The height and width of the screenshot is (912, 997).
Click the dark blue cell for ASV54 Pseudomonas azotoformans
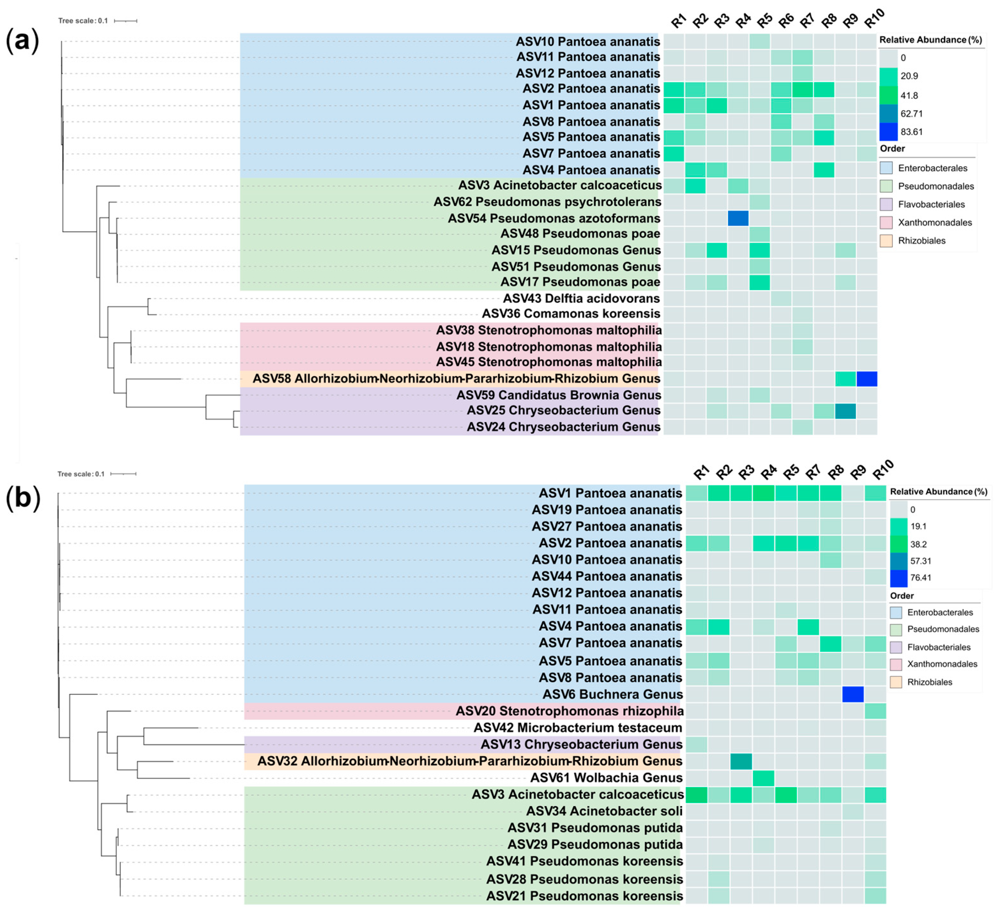738,218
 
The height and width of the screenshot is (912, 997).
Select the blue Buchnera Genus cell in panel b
853,694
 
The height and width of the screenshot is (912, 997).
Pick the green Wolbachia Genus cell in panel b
763,778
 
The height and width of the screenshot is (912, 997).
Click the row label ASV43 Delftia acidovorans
581,299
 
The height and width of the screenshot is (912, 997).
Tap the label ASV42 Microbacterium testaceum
578,728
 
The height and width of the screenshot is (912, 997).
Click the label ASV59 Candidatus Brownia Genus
558,395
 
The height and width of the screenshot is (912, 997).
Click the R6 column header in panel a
785,21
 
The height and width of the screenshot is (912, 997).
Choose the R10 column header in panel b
883,470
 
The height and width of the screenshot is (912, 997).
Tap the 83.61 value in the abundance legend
911,132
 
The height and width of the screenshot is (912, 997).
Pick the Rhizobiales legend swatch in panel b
896,682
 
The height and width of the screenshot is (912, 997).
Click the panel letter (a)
22,40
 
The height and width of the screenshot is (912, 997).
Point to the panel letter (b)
23,497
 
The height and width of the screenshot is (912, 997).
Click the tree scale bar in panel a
126,21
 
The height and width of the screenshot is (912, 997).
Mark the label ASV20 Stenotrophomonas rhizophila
569,711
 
